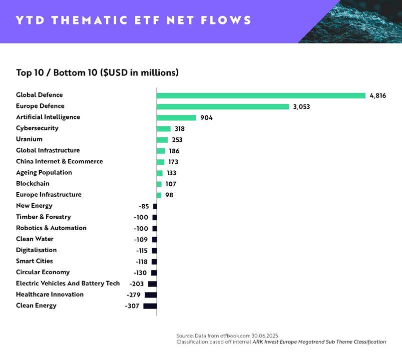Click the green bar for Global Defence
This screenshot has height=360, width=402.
coord(261,95)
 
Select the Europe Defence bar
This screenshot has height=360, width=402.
coord(223,106)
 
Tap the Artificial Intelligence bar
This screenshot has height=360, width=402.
coord(176,117)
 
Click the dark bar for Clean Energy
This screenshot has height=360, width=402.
coord(150,306)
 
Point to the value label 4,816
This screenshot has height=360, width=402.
coord(378,95)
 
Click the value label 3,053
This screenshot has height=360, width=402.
coord(301,106)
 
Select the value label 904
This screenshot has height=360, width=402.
coord(206,118)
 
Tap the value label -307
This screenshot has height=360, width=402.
coord(132,306)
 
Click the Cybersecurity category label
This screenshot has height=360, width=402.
coord(37,128)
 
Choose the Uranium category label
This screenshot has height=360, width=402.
coord(29,139)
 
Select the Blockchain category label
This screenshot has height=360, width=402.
coord(32,184)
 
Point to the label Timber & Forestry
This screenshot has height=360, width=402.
coord(43,217)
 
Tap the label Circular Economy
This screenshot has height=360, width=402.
coord(42,273)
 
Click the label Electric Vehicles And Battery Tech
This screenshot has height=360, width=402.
coord(68,284)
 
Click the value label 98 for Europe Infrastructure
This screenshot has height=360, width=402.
coord(169,195)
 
